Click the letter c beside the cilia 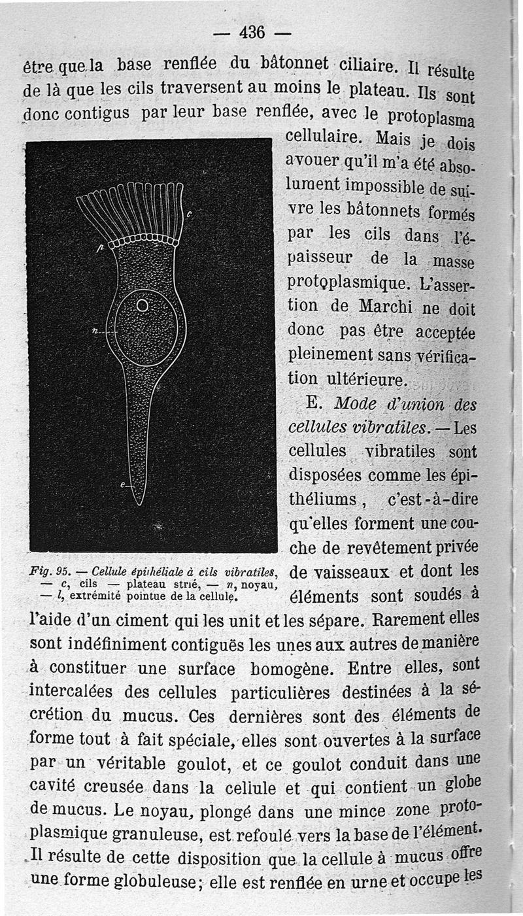190,213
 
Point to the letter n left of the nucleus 95,331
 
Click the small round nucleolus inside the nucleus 143,305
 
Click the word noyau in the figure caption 254,583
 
